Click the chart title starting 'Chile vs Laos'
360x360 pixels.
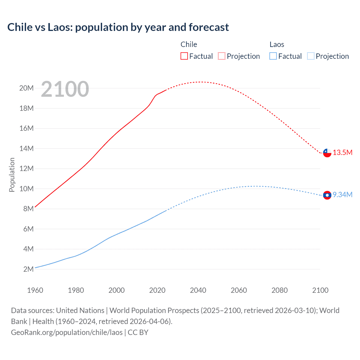pyautogui.click(x=118, y=27)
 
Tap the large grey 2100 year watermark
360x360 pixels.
pyautogui.click(x=65, y=89)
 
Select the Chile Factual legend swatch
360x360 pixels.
pyautogui.click(x=184, y=56)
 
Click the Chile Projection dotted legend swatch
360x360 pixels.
pyautogui.click(x=222, y=56)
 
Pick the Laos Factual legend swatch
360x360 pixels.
pyautogui.click(x=273, y=56)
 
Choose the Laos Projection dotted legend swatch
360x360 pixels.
pyautogui.click(x=310, y=56)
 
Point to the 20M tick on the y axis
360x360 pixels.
pyautogui.click(x=26, y=88)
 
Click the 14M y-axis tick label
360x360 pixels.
pyautogui.click(x=26, y=148)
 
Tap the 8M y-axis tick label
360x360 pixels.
pyautogui.click(x=28, y=209)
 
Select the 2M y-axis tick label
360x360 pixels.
pyautogui.click(x=28, y=269)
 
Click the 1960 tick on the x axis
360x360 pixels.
pyautogui.click(x=35, y=290)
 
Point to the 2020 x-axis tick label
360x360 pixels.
pyautogui.click(x=157, y=290)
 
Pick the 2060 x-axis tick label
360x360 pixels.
pyautogui.click(x=239, y=290)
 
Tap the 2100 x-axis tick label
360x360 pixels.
pyautogui.click(x=320, y=290)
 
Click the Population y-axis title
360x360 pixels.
pyautogui.click(x=12, y=175)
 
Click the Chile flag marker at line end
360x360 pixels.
pyautogui.click(x=327, y=153)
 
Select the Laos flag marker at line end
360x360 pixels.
pyautogui.click(x=327, y=195)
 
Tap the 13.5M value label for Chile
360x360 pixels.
pyautogui.click(x=343, y=153)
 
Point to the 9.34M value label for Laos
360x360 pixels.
pyautogui.click(x=343, y=195)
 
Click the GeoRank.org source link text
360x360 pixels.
pyautogui.click(x=67, y=332)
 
